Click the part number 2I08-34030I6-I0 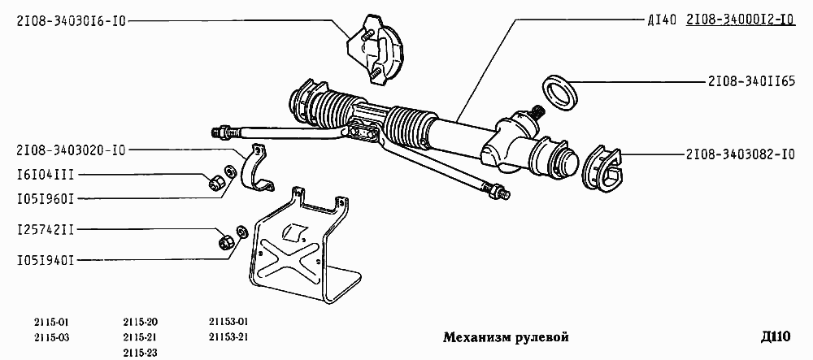point(72,22)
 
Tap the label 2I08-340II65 point(750,81)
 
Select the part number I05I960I point(45,197)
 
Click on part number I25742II point(45,231)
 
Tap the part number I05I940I point(45,260)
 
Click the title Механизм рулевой point(505,337)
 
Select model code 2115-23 point(141,351)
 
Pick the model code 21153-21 point(228,336)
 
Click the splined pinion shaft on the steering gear point(537,113)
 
